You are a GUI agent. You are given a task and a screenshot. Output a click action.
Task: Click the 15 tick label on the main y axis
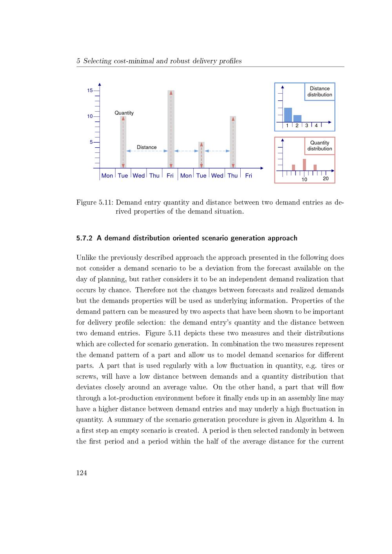[90, 91]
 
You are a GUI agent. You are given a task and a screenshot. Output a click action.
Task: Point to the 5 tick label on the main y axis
[91, 142]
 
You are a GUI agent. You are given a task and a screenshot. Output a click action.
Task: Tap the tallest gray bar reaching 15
[171, 129]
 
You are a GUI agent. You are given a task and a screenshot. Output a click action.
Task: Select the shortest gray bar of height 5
[201, 155]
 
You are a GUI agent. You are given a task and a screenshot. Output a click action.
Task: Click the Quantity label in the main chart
[124, 113]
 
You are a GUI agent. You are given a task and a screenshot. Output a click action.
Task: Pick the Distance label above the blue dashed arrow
[147, 147]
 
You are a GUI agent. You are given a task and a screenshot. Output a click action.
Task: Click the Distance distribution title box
[319, 92]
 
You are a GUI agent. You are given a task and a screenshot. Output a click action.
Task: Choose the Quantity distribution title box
[319, 146]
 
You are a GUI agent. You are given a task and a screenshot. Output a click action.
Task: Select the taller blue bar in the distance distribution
[288, 115]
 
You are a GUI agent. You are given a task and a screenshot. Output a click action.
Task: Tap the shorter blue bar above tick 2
[298, 118]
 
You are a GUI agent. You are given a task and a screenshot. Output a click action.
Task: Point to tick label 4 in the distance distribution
[316, 126]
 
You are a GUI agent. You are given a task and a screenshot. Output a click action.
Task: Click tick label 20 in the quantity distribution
[326, 179]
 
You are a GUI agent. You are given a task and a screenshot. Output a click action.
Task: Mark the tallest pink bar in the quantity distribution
[305, 165]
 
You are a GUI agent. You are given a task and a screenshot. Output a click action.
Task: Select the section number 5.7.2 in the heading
[84, 238]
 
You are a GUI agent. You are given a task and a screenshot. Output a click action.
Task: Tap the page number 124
[82, 473]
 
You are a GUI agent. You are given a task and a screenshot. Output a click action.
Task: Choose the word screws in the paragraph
[86, 377]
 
